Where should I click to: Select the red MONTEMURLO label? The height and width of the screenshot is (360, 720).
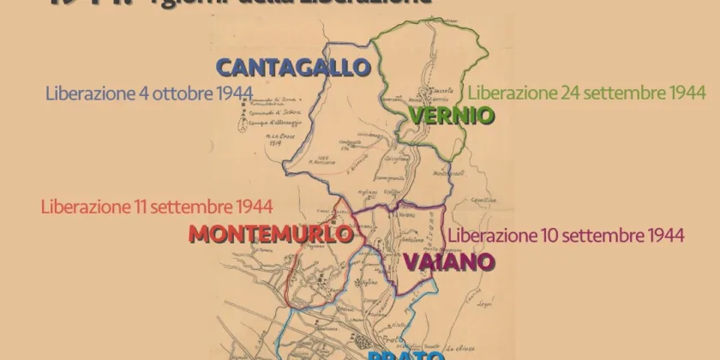(x=271, y=233)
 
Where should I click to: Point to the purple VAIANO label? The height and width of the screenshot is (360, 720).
(x=439, y=261)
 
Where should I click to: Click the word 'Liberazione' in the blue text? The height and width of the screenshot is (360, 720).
(x=84, y=92)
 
